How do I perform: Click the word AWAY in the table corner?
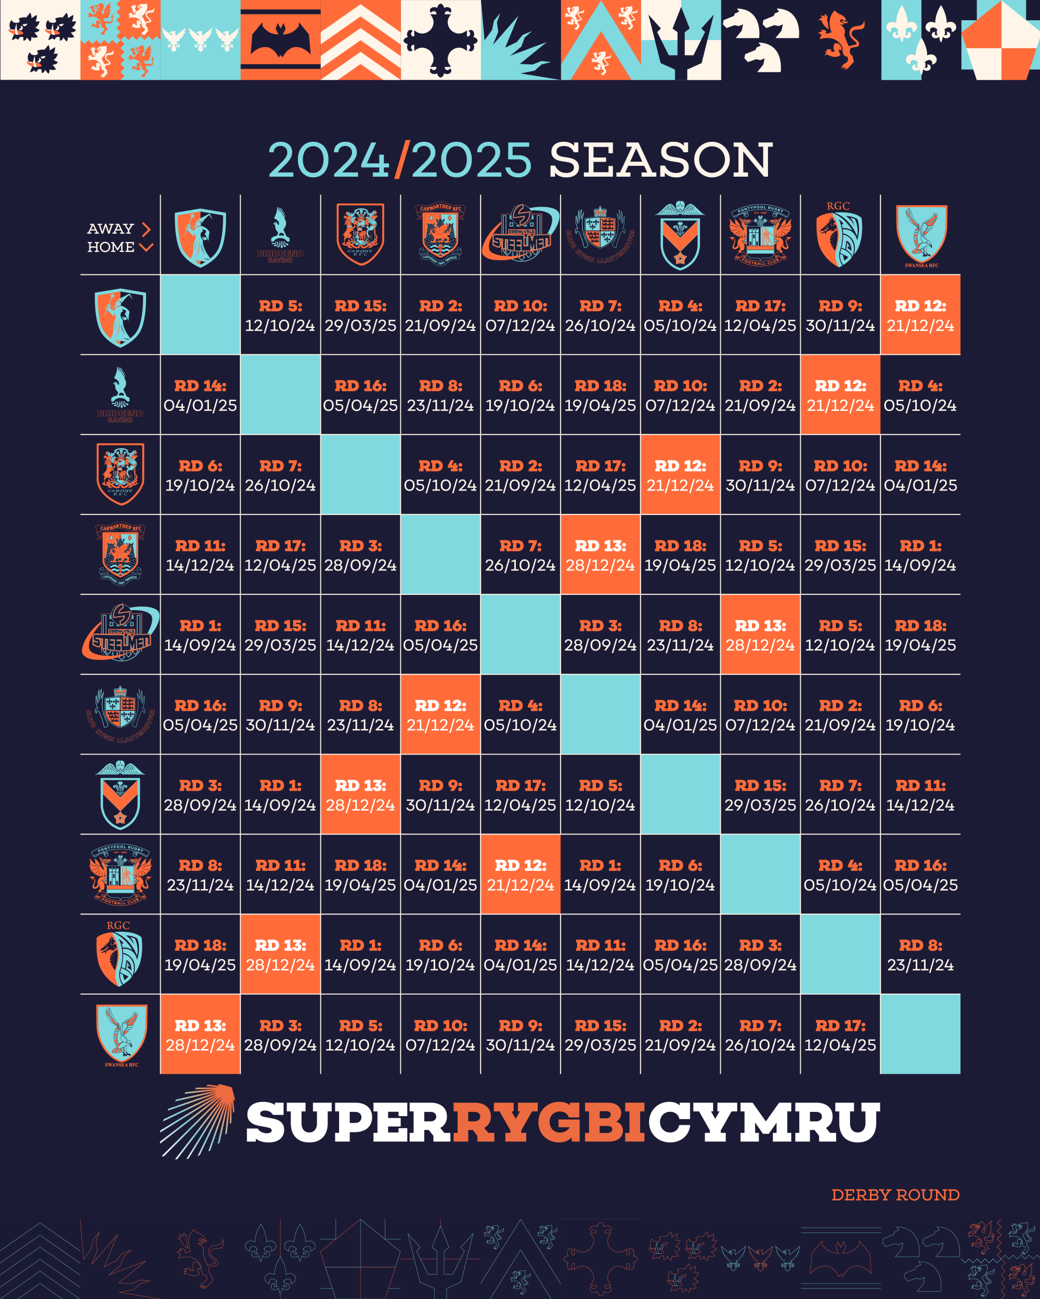[110, 229]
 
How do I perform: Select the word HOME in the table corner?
[111, 247]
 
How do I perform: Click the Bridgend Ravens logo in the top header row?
[280, 235]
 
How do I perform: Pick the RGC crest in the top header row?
[839, 235]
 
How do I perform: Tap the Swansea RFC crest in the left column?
[121, 1035]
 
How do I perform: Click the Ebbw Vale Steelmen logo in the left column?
[121, 634]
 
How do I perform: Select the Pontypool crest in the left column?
[121, 874]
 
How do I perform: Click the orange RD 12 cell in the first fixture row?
[920, 315]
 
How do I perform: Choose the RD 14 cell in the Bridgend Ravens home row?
[200, 395]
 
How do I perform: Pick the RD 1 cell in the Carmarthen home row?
[920, 555]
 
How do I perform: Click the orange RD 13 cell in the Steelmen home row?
[760, 635]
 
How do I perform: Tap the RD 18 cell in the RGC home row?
[200, 955]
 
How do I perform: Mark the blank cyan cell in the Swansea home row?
[920, 1035]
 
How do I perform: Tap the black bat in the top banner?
[280, 41]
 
